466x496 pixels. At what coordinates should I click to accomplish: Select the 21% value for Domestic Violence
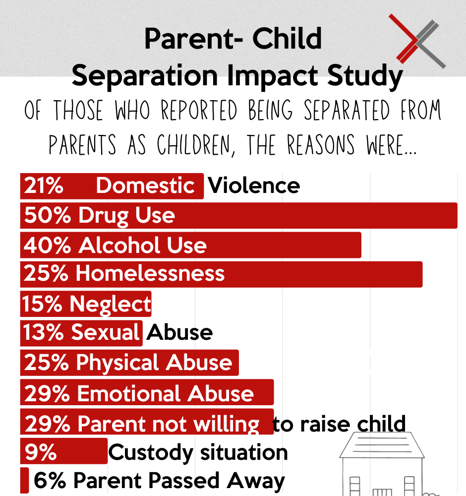pyautogui.click(x=44, y=186)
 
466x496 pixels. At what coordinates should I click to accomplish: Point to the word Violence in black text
pyautogui.click(x=254, y=186)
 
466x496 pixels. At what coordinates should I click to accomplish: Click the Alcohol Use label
pyautogui.click(x=143, y=246)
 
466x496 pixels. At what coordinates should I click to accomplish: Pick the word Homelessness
pyautogui.click(x=150, y=274)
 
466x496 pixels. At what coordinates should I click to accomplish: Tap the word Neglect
pyautogui.click(x=110, y=304)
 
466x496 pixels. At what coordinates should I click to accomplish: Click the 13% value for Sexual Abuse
pyautogui.click(x=44, y=332)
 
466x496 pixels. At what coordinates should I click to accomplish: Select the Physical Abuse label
pyautogui.click(x=154, y=363)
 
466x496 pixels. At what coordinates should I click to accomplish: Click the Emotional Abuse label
pyautogui.click(x=165, y=393)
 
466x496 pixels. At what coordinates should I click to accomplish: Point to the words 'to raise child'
pyautogui.click(x=340, y=424)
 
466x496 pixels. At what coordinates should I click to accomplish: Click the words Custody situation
pyautogui.click(x=198, y=452)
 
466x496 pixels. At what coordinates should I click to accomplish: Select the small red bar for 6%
pyautogui.click(x=24, y=481)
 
